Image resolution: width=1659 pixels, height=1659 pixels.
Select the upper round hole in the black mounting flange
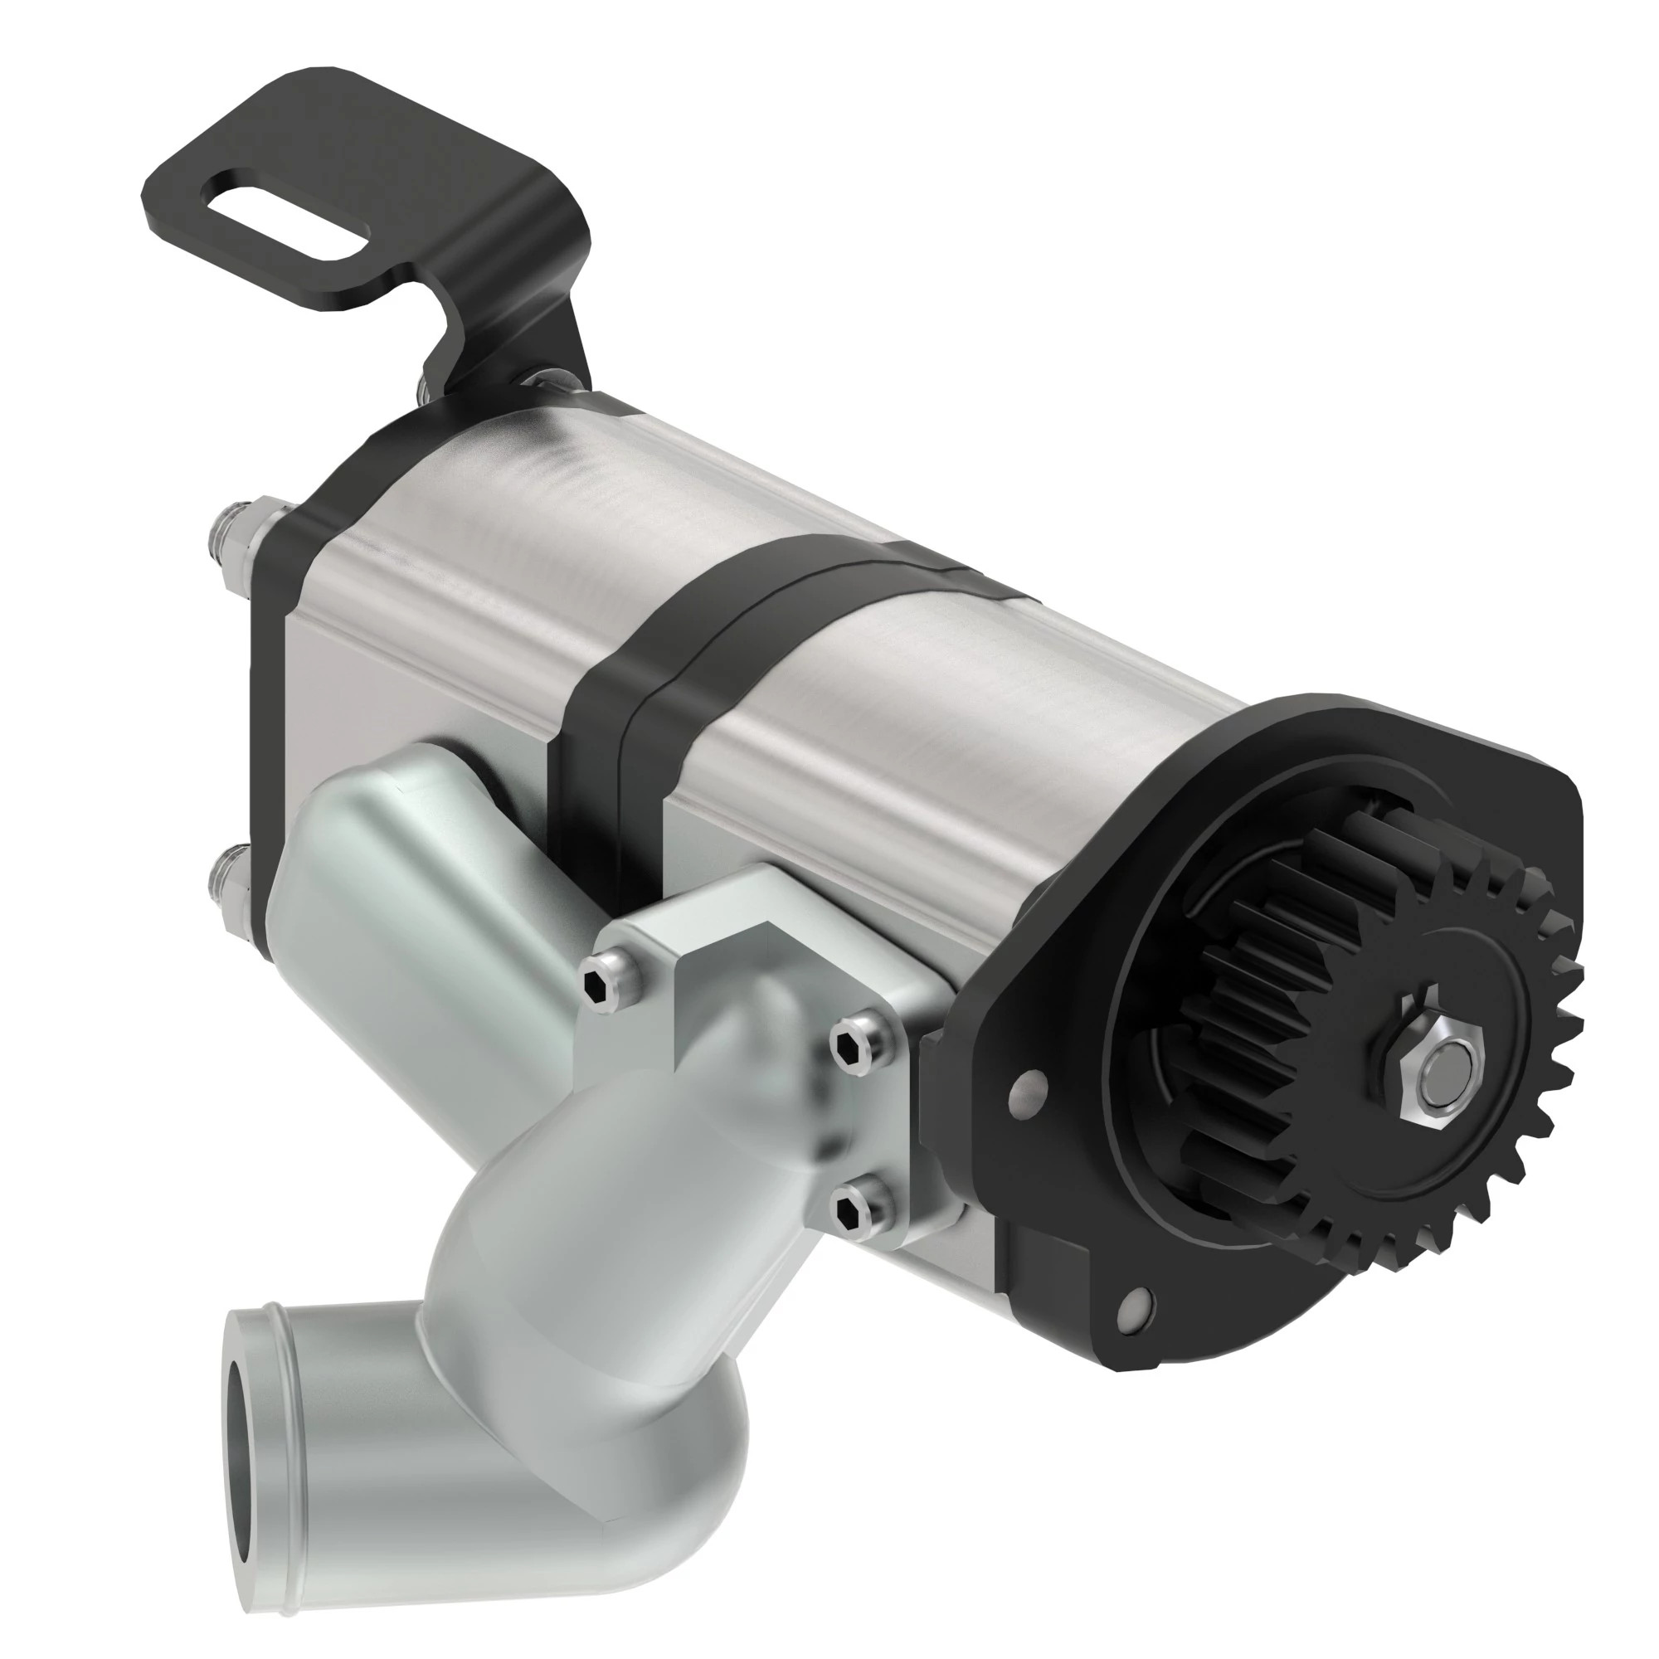tap(1029, 1087)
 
